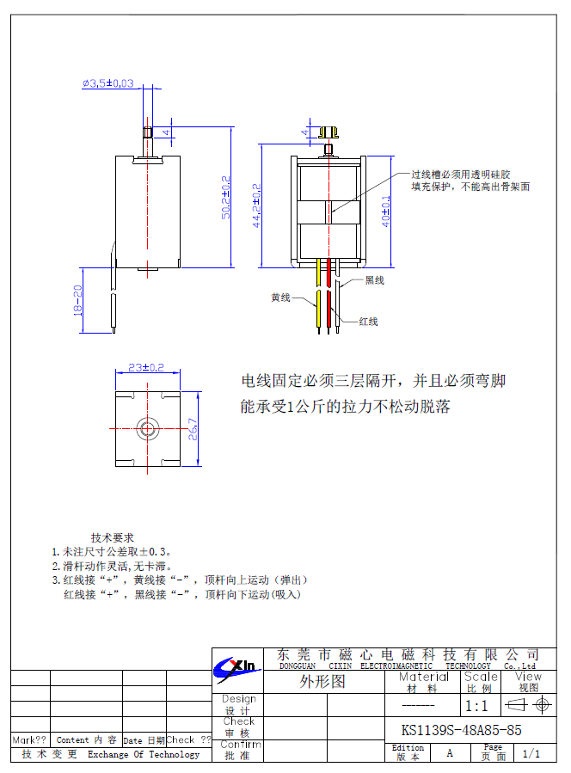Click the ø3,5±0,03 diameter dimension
(x=108, y=83)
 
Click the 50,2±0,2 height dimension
(x=226, y=197)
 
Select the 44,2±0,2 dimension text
(x=255, y=204)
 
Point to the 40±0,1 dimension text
(x=386, y=211)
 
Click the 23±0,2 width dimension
(x=146, y=367)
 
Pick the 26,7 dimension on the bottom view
(x=193, y=427)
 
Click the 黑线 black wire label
(x=374, y=280)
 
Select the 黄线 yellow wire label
(x=280, y=298)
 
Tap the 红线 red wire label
(x=368, y=322)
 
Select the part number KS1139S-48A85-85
(x=461, y=730)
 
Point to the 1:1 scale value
(x=476, y=706)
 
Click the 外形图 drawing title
(x=322, y=683)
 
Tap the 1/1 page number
(x=531, y=754)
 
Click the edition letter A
(x=449, y=753)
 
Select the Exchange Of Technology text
(x=144, y=755)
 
